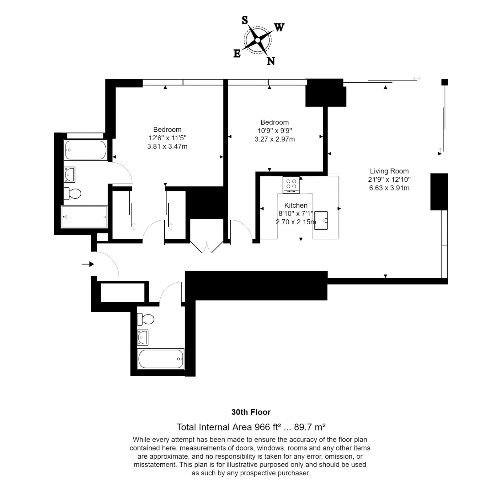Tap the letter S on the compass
245,20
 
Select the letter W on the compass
279,28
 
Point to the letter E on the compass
237,54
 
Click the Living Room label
389,171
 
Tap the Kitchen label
296,206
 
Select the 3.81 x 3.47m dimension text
167,146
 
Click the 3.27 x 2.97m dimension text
275,139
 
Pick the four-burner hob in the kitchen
291,185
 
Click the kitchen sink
321,220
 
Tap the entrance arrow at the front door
88,264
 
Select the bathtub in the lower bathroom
161,359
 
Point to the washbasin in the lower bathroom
143,337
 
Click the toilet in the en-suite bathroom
72,193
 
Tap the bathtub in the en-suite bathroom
86,150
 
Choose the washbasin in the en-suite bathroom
70,174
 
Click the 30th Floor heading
251,412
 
